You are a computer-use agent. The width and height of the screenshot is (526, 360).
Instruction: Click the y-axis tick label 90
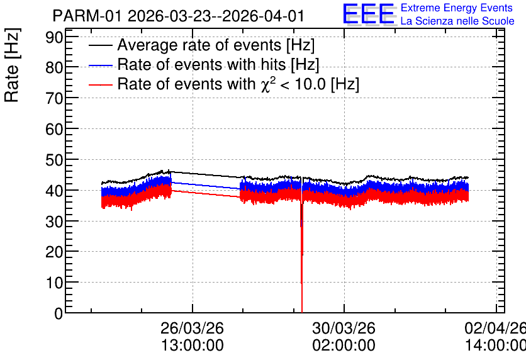pos(54,38)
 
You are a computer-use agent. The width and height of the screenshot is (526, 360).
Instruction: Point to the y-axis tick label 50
pos(54,160)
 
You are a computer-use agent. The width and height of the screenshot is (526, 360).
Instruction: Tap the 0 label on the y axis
pos(59,313)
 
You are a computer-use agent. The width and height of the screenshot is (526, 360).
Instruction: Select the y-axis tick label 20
pos(54,252)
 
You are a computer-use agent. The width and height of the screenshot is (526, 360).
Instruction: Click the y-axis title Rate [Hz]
pos(12,65)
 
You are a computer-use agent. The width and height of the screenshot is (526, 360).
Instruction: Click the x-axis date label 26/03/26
pos(193,328)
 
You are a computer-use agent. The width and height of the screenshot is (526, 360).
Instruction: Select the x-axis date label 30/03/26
pos(344,328)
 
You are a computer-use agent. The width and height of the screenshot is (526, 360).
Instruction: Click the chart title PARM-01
pos(87,16)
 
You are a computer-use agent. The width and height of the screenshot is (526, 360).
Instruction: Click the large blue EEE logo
pos(368,14)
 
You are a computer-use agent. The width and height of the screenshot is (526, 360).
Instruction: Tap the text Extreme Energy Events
pos(457,8)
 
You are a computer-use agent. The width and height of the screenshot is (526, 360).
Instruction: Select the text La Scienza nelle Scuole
pos(457,21)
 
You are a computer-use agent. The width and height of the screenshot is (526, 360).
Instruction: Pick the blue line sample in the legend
pos(100,65)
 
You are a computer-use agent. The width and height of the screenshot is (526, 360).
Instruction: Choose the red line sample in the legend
pos(100,85)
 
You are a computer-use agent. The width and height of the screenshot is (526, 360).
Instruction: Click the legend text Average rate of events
pos(199,45)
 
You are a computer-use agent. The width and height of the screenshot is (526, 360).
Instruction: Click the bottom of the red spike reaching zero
pos(302,312)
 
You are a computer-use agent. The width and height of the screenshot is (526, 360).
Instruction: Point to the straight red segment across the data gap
pos(206,194)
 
